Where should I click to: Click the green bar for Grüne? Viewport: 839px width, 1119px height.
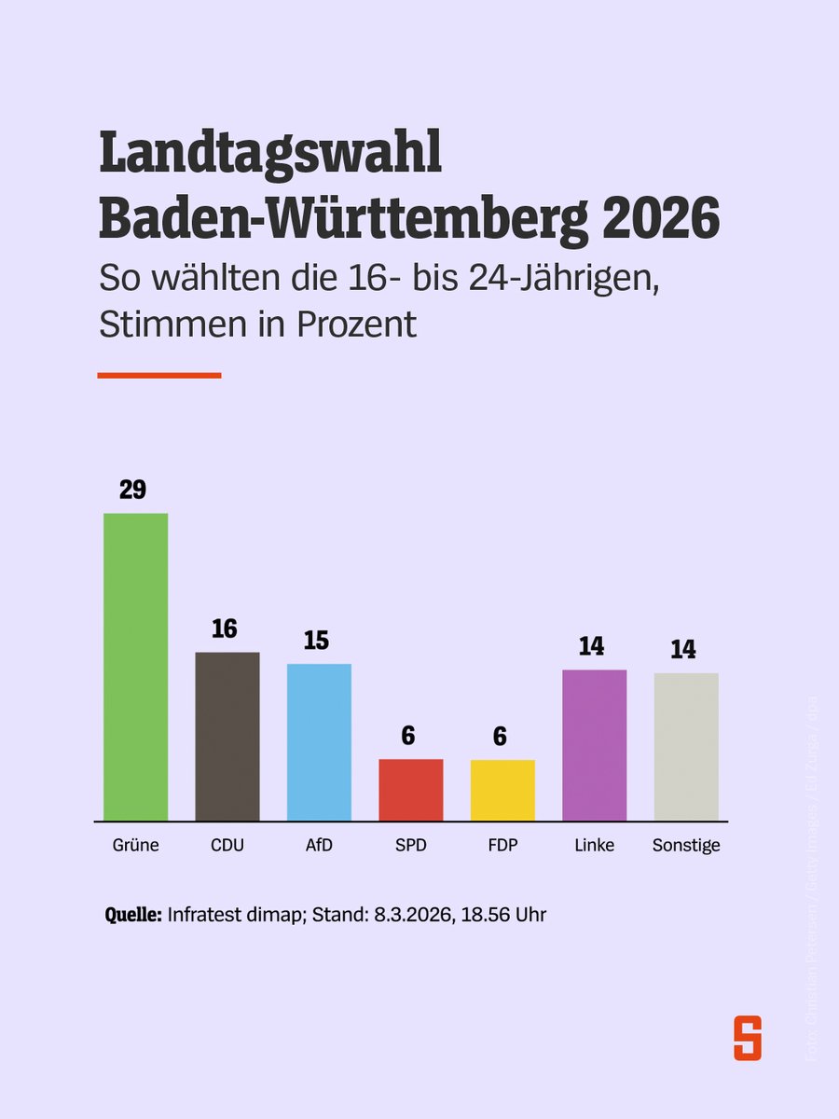(x=135, y=667)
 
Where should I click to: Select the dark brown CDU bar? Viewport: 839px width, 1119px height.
(x=227, y=737)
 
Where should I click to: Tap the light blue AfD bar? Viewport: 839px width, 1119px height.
(x=319, y=742)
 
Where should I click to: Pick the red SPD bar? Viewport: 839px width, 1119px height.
(x=410, y=790)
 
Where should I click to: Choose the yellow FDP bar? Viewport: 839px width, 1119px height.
(x=502, y=790)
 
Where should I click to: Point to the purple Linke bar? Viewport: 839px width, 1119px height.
(x=594, y=745)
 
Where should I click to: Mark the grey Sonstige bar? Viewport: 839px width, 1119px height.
(x=686, y=747)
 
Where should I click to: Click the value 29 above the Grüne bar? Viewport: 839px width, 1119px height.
(x=132, y=490)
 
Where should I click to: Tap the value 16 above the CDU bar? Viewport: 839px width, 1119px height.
(x=224, y=629)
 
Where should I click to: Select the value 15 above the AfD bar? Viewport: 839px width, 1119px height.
(x=316, y=641)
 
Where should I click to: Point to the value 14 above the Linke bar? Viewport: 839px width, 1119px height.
(x=591, y=645)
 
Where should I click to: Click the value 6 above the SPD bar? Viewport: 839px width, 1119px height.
(x=407, y=736)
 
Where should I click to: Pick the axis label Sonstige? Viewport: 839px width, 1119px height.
(x=686, y=846)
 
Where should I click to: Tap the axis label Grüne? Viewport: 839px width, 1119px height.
(x=134, y=846)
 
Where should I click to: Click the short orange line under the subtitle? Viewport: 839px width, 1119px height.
(x=158, y=375)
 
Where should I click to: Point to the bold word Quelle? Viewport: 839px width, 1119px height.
(x=133, y=915)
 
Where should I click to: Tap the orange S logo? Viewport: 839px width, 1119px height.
(x=747, y=1037)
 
